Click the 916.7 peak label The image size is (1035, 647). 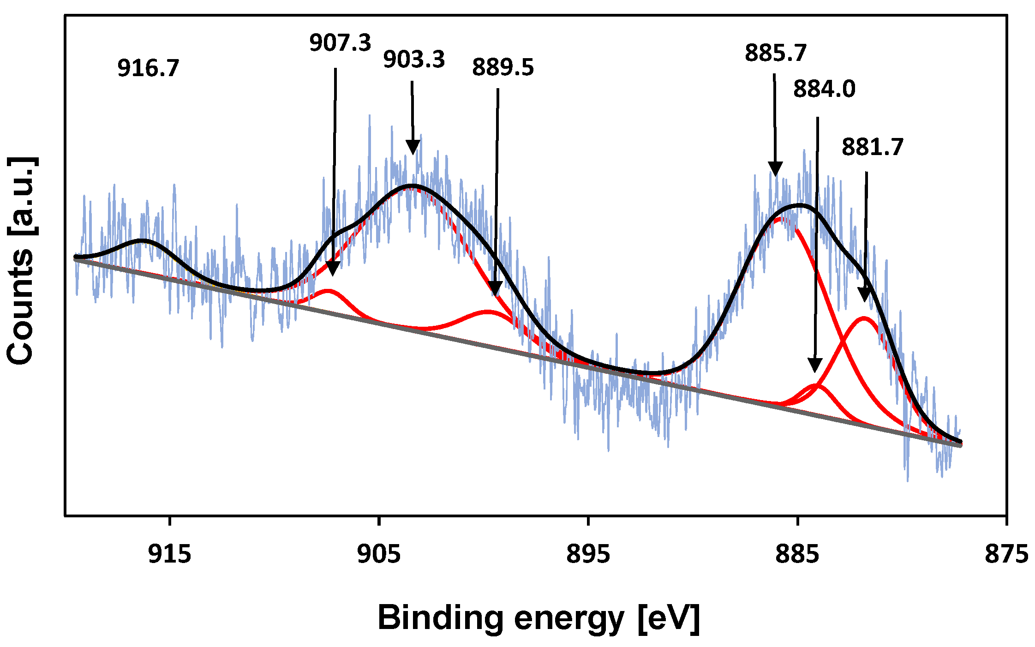point(148,68)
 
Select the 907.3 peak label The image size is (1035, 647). point(340,43)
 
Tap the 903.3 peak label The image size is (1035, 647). point(414,60)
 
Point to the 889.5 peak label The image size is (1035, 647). point(503,67)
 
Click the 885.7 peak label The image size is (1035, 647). point(775,53)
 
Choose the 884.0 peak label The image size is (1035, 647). point(824,89)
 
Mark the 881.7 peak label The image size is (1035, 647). point(872,147)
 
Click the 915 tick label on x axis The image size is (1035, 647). point(170,554)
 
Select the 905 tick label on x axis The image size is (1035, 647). point(379,554)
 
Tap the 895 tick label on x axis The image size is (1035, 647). point(588,554)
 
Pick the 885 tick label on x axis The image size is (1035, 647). point(797,554)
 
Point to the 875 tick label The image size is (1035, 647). point(1006,554)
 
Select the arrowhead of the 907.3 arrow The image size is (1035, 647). point(333,269)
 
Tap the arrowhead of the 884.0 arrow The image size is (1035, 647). point(815,365)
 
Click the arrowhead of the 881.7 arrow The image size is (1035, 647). point(865,294)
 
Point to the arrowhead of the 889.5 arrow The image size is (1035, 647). point(495,289)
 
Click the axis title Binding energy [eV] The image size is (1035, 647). point(538,617)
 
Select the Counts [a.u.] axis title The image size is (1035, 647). point(21,261)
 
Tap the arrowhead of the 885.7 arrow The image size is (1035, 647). point(776,169)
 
